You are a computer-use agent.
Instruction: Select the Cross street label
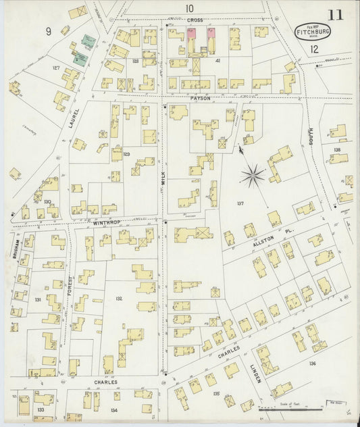(x=195, y=21)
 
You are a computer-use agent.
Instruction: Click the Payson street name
(x=200, y=99)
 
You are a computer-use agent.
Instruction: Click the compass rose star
(x=253, y=176)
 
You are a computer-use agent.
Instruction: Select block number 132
(x=119, y=298)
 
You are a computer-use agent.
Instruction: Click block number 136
(x=311, y=363)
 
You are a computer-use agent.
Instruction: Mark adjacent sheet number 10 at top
(x=190, y=9)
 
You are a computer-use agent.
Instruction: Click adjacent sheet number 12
(x=313, y=49)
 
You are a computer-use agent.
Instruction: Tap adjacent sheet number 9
(x=49, y=31)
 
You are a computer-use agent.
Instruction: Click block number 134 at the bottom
(x=114, y=410)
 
